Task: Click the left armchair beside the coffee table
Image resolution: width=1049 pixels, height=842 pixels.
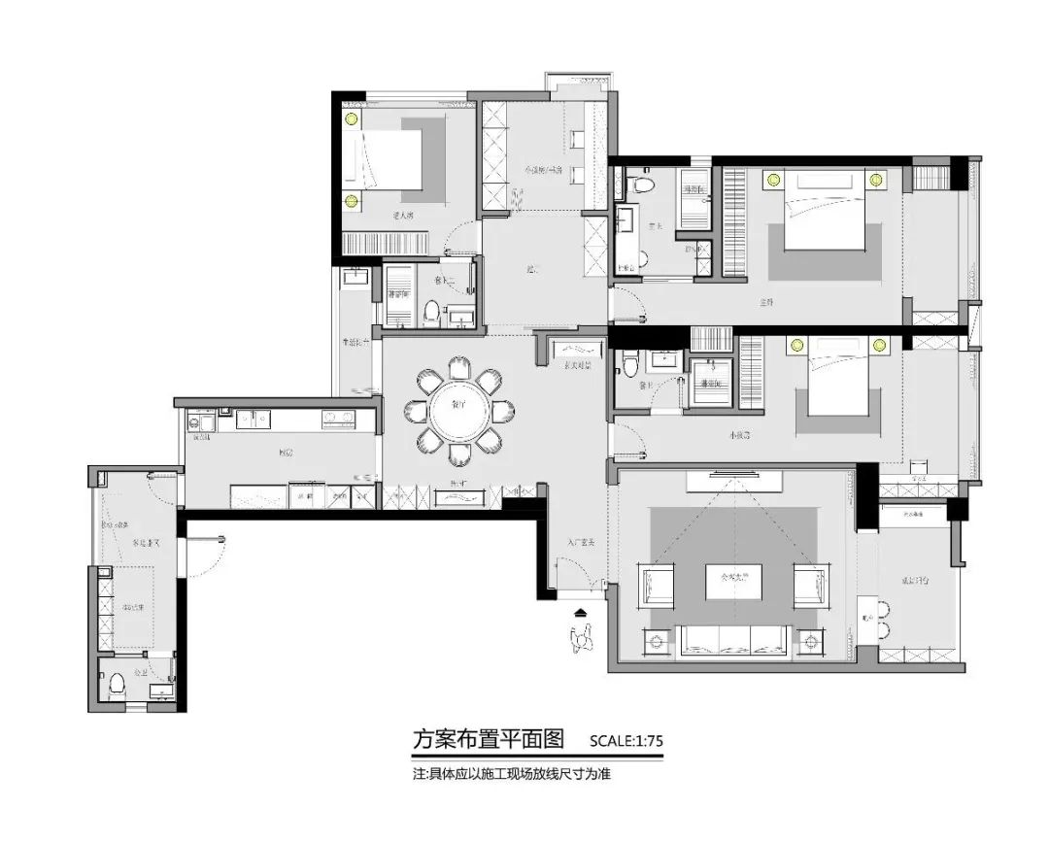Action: pos(658,586)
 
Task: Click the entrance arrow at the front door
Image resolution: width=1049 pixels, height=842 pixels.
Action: pos(581,613)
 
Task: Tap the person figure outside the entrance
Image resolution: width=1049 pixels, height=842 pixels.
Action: pos(583,638)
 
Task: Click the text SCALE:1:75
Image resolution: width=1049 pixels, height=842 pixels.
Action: pos(626,741)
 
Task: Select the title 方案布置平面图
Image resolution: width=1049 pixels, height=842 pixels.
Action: pos(489,739)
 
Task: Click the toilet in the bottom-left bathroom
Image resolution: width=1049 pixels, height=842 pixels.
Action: pos(118,683)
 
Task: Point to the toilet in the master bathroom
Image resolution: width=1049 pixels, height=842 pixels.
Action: pos(641,185)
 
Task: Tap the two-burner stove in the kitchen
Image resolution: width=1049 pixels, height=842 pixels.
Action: pos(337,420)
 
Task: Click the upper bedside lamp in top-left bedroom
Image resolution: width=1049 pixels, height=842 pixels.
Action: pos(351,119)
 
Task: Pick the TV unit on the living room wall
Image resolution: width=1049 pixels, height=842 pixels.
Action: pos(733,479)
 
